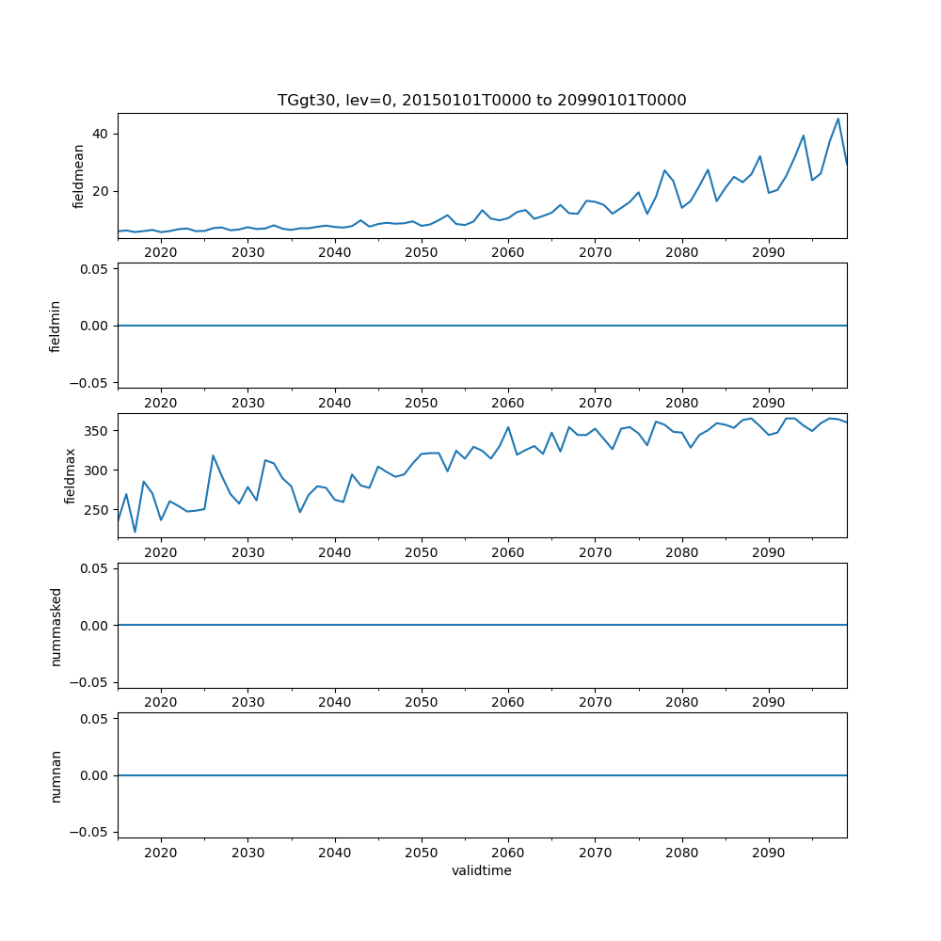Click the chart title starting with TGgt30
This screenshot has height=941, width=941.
(x=482, y=100)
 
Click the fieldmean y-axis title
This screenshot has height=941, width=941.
(x=79, y=176)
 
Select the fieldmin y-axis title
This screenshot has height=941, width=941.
(x=56, y=326)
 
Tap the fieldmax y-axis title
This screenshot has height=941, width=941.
(x=71, y=475)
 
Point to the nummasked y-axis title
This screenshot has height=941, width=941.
(x=56, y=625)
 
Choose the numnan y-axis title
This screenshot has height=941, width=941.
(x=56, y=775)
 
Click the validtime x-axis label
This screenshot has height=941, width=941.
(x=482, y=870)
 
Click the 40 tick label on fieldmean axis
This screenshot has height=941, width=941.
(x=101, y=134)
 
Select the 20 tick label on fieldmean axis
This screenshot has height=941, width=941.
(x=101, y=191)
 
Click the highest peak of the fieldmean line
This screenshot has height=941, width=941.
(x=837, y=119)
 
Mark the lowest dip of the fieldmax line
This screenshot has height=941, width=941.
(x=135, y=532)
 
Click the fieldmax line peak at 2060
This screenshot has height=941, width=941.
(x=508, y=427)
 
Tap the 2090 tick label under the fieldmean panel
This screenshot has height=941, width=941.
(x=769, y=252)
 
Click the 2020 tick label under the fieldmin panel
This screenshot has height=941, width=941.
(x=161, y=402)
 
